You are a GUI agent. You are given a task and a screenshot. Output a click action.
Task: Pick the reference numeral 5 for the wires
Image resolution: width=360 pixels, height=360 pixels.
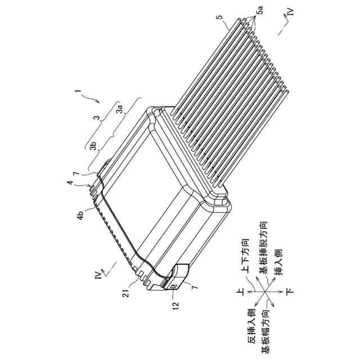[x=224, y=24]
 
